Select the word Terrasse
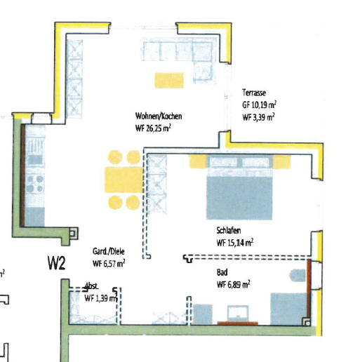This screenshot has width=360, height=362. pyautogui.click(x=253, y=93)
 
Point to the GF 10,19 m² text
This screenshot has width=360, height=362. pyautogui.click(x=258, y=104)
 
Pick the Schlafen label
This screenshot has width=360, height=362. pyautogui.click(x=230, y=230)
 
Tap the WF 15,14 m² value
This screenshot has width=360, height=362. pyautogui.click(x=235, y=242)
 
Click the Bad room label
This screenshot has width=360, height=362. pyautogui.click(x=222, y=272)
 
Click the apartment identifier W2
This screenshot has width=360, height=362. pyautogui.click(x=57, y=263)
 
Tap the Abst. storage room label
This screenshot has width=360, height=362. pyautogui.click(x=92, y=286)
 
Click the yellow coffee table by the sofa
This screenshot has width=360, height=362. pyautogui.click(x=171, y=79)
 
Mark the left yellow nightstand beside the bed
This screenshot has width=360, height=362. pyautogui.click(x=197, y=162)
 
